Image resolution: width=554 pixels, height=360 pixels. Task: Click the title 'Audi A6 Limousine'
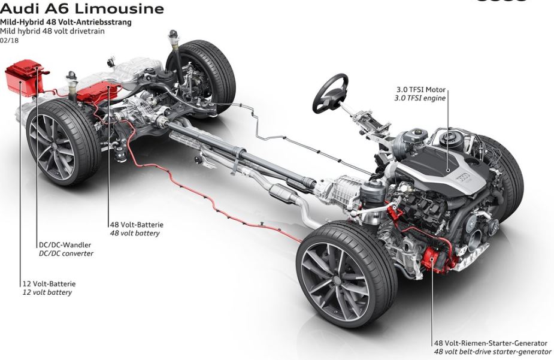coord(82,8)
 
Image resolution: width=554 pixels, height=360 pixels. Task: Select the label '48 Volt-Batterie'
coord(136,225)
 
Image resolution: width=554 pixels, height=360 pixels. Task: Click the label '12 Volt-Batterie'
coord(49,284)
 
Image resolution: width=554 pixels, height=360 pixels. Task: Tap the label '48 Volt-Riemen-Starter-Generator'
coord(491,343)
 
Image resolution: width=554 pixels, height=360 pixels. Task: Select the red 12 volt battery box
coord(23,78)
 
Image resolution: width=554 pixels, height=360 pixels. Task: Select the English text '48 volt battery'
coord(134,233)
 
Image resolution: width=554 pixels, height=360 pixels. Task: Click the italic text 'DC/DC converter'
coord(65,253)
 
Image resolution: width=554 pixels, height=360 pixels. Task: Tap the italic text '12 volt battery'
coord(47,292)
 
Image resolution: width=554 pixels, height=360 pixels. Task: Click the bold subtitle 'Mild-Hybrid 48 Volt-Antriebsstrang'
coord(66,22)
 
